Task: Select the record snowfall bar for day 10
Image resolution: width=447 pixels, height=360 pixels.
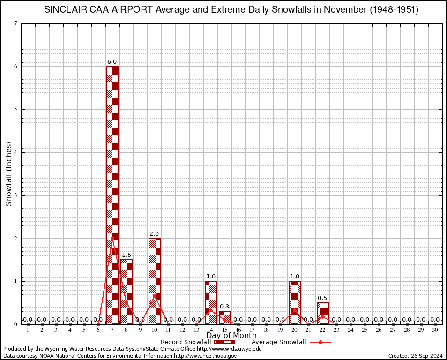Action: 155,281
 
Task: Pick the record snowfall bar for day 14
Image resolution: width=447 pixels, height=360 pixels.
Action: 211,302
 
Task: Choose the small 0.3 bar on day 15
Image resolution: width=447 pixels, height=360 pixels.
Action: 225,317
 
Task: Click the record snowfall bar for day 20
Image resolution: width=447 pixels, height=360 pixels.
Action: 295,302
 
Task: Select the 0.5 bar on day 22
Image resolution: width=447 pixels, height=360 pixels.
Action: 323,313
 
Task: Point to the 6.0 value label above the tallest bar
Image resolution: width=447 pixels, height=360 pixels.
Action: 112,62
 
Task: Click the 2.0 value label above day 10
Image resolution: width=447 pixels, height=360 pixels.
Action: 154,234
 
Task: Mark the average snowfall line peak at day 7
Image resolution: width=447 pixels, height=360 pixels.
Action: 112,238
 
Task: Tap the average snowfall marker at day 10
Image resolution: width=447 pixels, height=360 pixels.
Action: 155,295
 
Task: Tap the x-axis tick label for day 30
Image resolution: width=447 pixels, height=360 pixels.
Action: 435,330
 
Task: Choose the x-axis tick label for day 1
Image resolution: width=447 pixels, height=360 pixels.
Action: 28,330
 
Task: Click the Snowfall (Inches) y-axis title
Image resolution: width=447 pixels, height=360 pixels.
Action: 9,173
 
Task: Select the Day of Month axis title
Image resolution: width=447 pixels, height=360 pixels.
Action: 231,336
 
